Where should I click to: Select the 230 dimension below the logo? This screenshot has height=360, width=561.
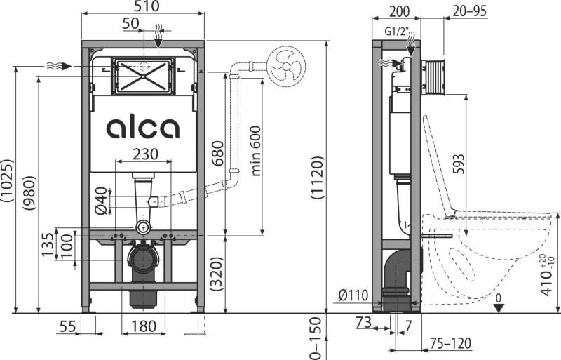coord(143,154)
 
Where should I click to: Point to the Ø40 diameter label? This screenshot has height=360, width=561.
coord(100,199)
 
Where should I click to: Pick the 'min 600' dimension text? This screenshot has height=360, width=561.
coord(257,154)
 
